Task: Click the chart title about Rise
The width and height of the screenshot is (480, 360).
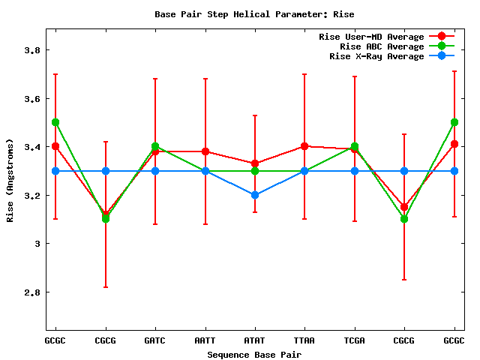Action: (x=254, y=14)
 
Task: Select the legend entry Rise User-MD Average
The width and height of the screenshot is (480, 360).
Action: (x=371, y=37)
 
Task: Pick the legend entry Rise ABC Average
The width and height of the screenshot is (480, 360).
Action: (x=382, y=46)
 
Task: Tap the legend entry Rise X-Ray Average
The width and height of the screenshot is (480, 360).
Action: (x=377, y=56)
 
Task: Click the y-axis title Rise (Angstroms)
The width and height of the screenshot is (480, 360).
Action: (x=10, y=179)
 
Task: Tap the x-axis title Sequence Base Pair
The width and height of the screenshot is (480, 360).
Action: (x=254, y=355)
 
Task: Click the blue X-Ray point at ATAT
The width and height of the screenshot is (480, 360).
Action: (x=255, y=195)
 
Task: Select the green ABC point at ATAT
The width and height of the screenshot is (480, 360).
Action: (x=255, y=171)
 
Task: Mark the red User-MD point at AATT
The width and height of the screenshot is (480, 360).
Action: (x=205, y=151)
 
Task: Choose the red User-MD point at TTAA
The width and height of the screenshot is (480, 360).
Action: (x=304, y=146)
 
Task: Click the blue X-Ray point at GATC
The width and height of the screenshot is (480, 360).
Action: (x=155, y=171)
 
